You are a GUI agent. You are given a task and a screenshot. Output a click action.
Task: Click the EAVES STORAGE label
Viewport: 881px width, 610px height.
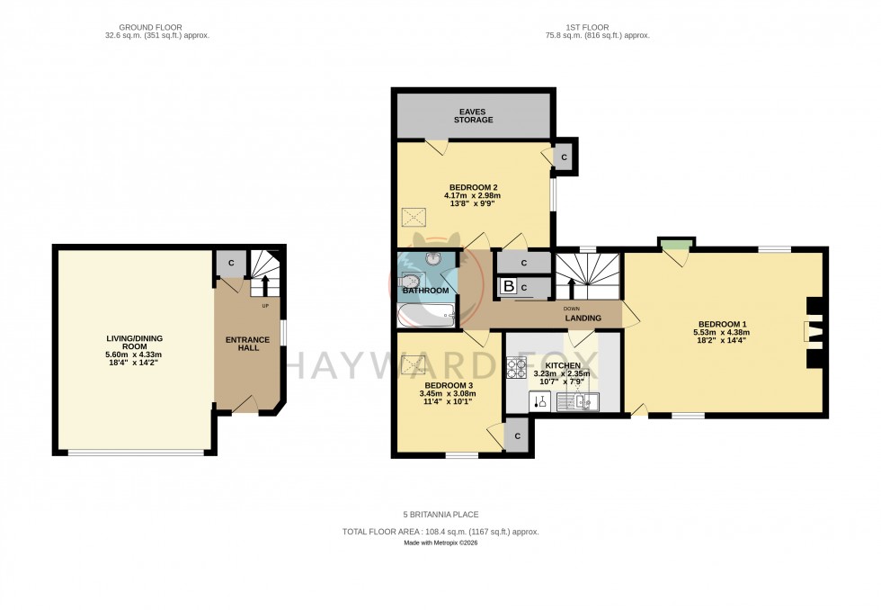tap(473, 114)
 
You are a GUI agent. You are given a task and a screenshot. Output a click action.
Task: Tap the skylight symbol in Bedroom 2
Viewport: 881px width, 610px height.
tap(414, 217)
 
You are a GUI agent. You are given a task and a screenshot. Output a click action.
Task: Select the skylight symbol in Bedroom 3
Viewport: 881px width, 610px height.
tap(414, 364)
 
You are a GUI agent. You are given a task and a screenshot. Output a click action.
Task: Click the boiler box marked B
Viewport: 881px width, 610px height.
tap(509, 288)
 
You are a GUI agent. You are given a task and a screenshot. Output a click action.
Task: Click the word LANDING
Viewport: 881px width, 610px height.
tap(583, 318)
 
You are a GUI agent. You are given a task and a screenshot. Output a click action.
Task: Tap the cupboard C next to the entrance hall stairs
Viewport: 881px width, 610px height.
tap(231, 263)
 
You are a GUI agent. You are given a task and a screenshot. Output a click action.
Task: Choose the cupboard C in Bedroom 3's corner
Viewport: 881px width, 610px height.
tap(517, 435)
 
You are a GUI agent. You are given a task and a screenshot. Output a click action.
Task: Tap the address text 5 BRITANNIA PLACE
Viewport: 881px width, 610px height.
tap(440, 515)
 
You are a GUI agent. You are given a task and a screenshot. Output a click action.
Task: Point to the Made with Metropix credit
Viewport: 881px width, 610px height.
tap(440, 543)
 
